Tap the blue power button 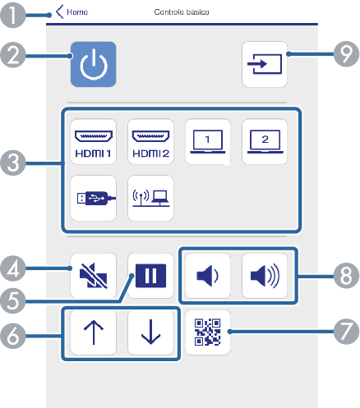point(94,64)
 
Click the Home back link point(72,11)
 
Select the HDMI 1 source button point(94,141)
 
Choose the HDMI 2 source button point(150,141)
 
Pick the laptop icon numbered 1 point(208,141)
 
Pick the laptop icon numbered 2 point(265,141)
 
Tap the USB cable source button point(94,198)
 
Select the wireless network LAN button point(150,198)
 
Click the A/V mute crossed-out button point(94,276)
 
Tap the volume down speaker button point(208,276)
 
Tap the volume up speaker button point(265,276)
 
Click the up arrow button point(94,332)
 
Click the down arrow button point(150,332)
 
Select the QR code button point(208,332)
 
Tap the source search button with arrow point(265,64)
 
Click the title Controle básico point(182,12)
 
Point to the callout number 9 point(346,54)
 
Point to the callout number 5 point(13,301)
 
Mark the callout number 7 point(346,332)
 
